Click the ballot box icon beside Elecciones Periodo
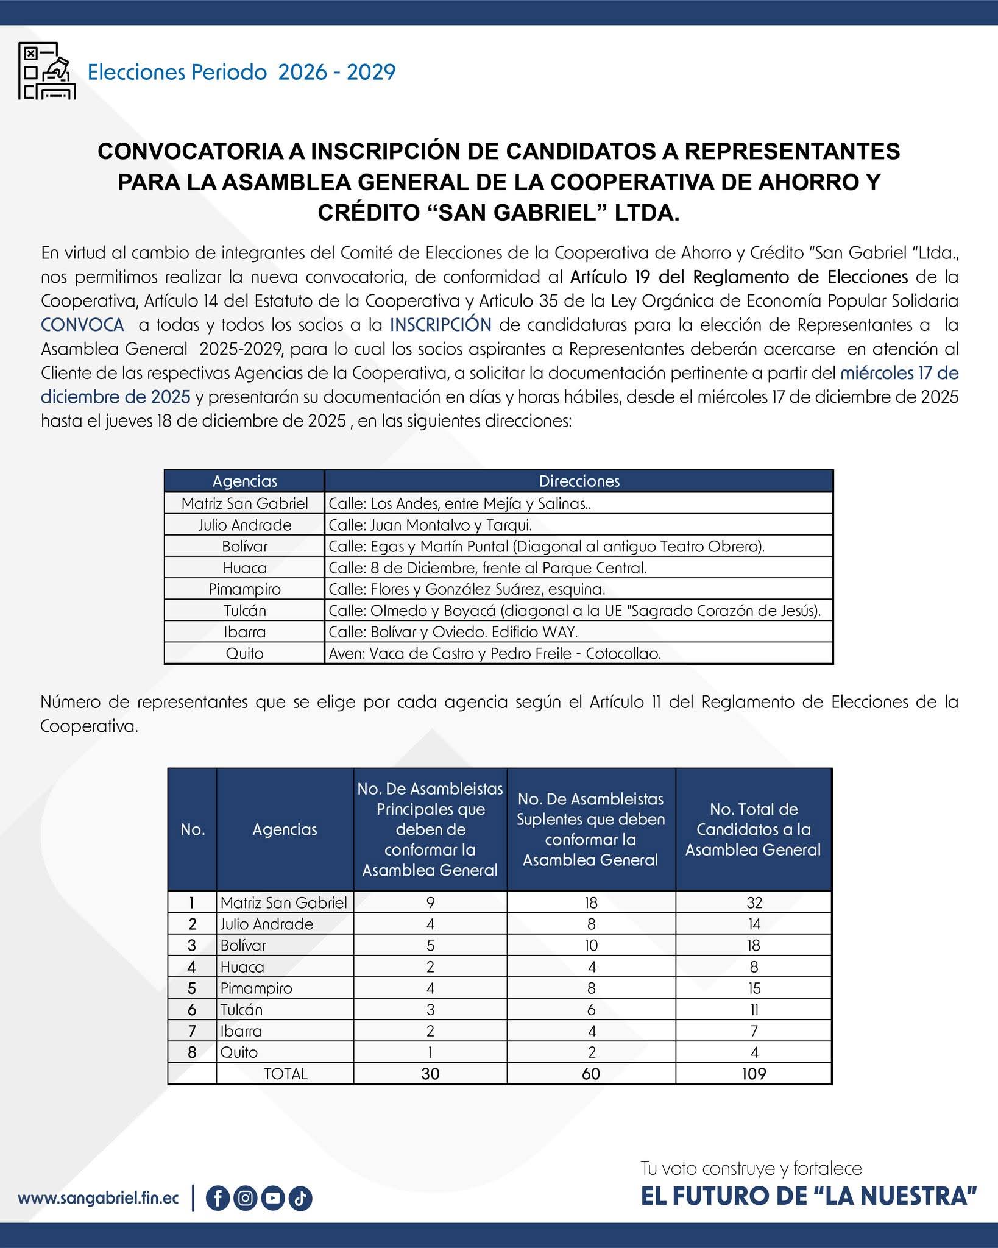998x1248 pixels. pyautogui.click(x=47, y=71)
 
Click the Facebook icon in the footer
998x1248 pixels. pyautogui.click(x=218, y=1198)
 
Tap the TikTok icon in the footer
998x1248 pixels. pyautogui.click(x=300, y=1198)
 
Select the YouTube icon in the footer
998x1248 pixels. pyautogui.click(x=273, y=1198)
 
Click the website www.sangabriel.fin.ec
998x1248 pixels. pyautogui.click(x=99, y=1198)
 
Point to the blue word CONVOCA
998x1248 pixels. pyautogui.click(x=82, y=325)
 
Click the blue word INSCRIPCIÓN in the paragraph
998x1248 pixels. pyautogui.click(x=441, y=325)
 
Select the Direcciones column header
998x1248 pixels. pyautogui.click(x=579, y=481)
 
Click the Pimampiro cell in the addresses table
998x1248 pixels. pyautogui.click(x=244, y=589)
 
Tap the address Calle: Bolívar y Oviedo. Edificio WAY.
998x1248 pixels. pyautogui.click(x=453, y=632)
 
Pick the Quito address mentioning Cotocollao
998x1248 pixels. pyautogui.click(x=495, y=653)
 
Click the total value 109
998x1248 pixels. pyautogui.click(x=754, y=1074)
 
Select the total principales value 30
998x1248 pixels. pyautogui.click(x=430, y=1074)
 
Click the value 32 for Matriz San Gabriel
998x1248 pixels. pyautogui.click(x=754, y=902)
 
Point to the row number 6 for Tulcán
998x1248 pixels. pyautogui.click(x=192, y=1010)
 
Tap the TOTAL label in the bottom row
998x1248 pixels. pyautogui.click(x=285, y=1074)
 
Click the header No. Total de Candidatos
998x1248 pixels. pyautogui.click(x=754, y=829)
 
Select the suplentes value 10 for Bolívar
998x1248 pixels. pyautogui.click(x=591, y=945)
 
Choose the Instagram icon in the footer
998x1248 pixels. pyautogui.click(x=245, y=1198)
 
